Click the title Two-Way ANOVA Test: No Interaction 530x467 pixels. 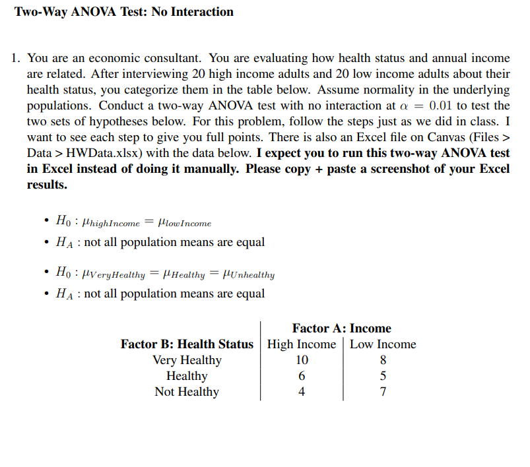(124, 12)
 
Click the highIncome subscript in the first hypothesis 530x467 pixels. (116, 224)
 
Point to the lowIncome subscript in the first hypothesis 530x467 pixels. (189, 224)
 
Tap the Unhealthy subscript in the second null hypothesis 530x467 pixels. (251, 276)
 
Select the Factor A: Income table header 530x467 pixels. (341, 328)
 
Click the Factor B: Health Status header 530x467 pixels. (187, 344)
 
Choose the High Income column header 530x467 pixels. (301, 344)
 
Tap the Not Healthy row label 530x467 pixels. (187, 392)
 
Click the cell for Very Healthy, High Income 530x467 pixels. (302, 360)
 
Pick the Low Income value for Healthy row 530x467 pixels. (383, 376)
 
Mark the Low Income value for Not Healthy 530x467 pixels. (383, 392)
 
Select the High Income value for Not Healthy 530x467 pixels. (302, 392)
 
